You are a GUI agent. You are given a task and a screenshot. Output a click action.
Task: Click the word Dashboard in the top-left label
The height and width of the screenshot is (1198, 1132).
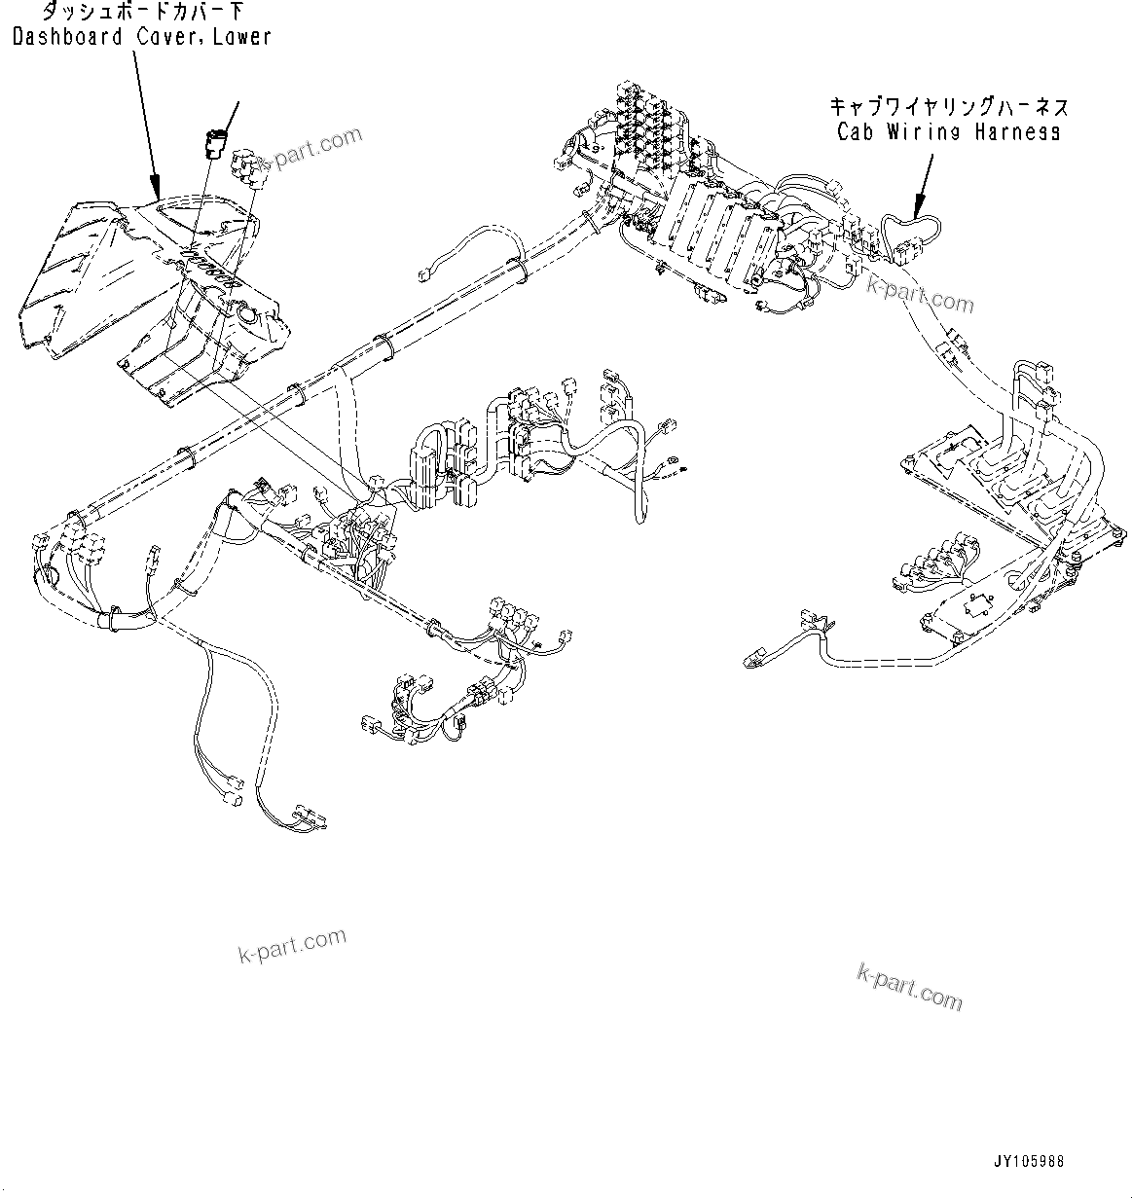click(68, 37)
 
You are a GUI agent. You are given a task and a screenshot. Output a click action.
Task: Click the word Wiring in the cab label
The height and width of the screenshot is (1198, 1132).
click(923, 131)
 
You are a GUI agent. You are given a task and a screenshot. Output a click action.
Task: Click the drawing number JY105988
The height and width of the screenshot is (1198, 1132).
click(1029, 1161)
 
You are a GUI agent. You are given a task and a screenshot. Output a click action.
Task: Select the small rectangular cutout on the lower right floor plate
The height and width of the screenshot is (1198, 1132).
click(976, 604)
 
